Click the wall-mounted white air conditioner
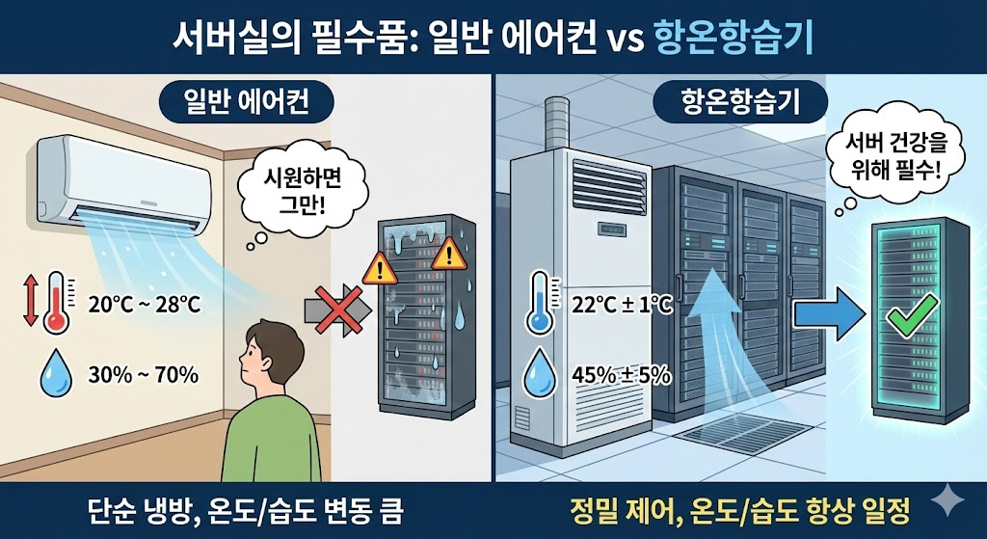123,181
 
